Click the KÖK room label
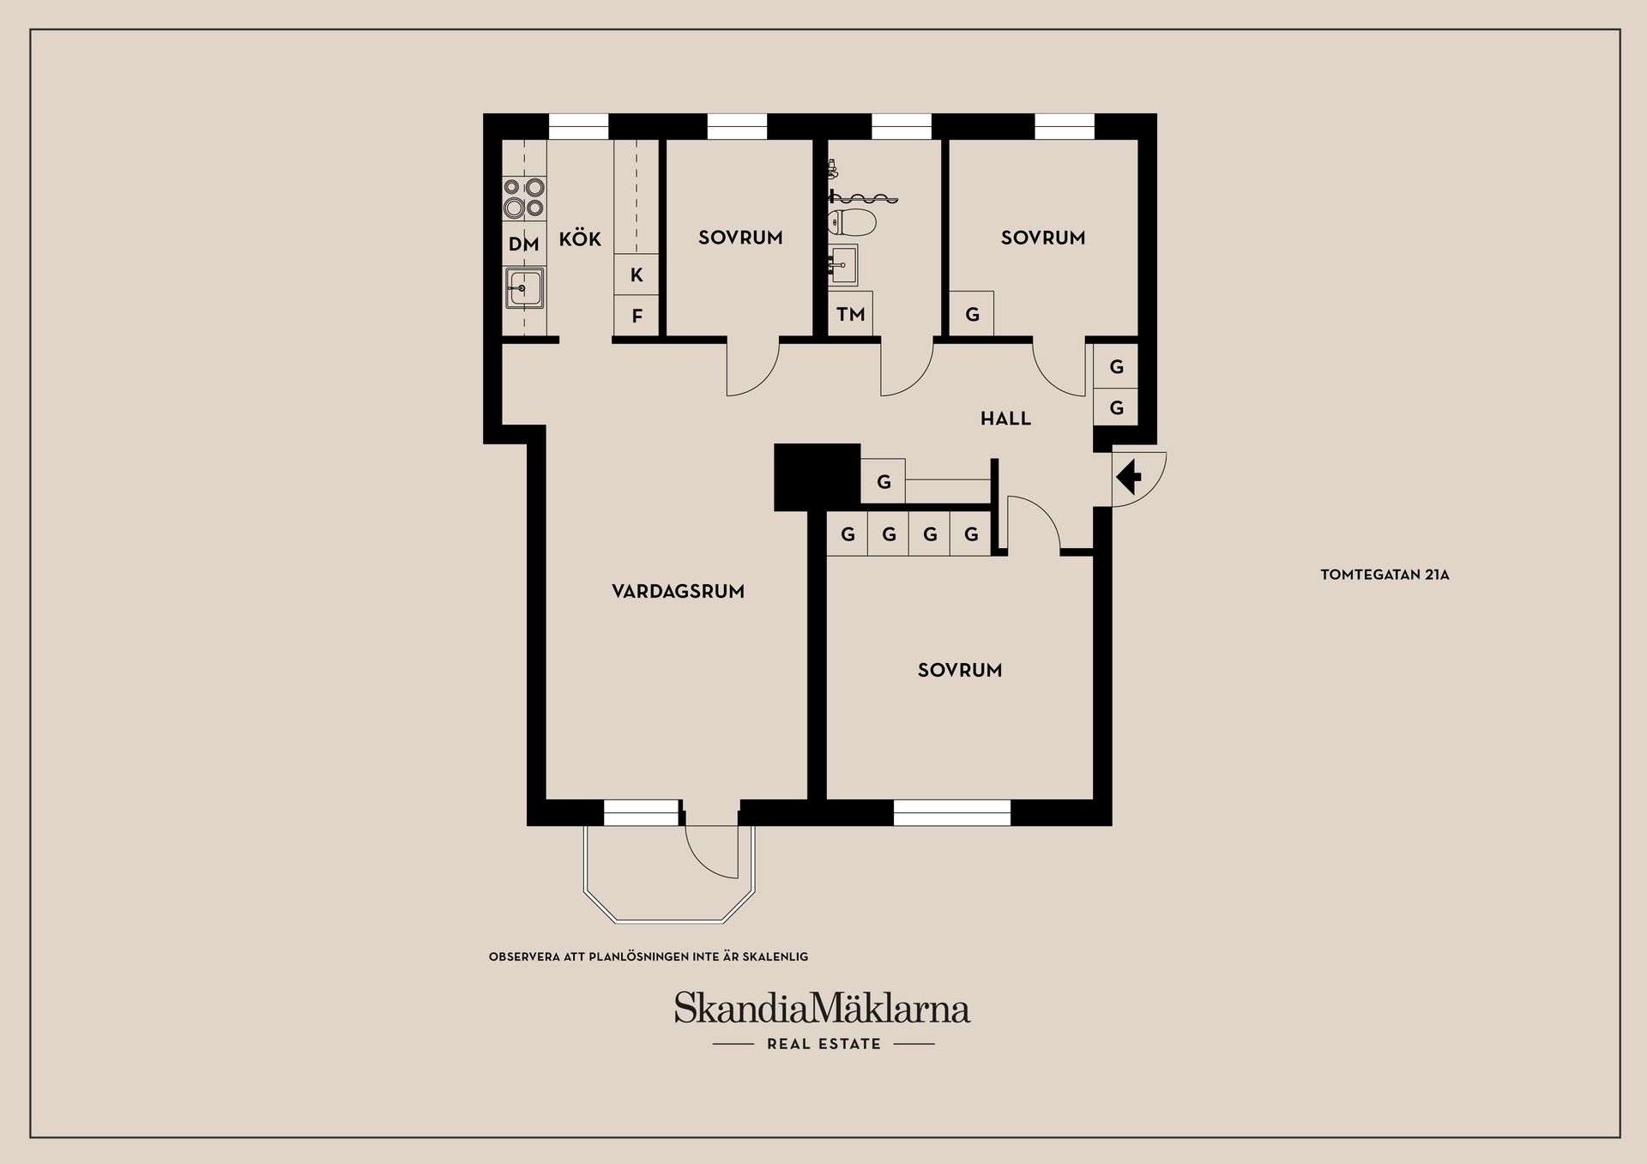click(580, 238)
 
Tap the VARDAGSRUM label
click(678, 591)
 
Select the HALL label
click(1005, 419)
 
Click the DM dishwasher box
click(523, 244)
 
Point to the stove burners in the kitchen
click(523, 197)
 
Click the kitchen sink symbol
click(523, 288)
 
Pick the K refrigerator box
click(636, 274)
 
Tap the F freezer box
click(636, 316)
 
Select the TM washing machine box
click(850, 314)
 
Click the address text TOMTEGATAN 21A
click(1385, 575)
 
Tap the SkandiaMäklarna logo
click(822, 1009)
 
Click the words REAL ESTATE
click(823, 1044)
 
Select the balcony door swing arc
click(711, 853)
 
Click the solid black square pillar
click(817, 477)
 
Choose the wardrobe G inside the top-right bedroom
click(972, 314)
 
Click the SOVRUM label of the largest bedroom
click(960, 670)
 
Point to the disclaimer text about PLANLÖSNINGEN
click(649, 956)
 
